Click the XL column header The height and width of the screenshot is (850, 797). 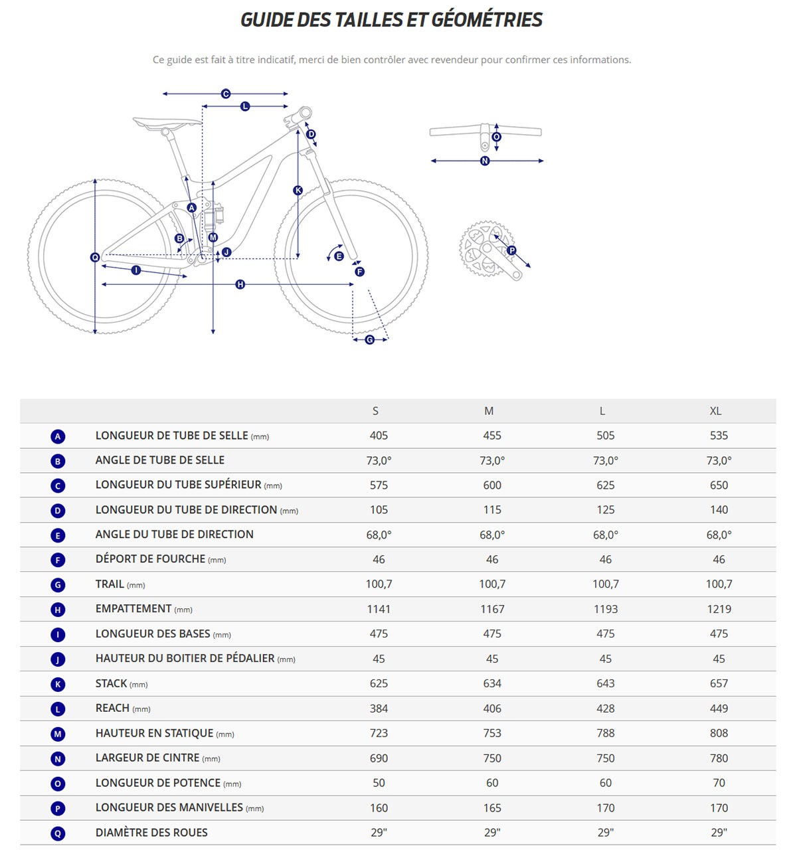pos(715,411)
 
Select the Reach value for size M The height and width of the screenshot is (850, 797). pos(492,709)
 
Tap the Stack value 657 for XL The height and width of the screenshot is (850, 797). pos(719,683)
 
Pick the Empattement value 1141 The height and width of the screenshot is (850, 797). pos(379,609)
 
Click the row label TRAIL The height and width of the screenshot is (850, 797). pos(110,584)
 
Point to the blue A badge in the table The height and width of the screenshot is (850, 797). pos(58,436)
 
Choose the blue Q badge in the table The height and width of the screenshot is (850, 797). pos(58,833)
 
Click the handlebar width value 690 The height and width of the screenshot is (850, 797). pos(379,758)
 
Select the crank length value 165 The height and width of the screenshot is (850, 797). pos(492,808)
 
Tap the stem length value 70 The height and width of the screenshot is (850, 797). pos(719,783)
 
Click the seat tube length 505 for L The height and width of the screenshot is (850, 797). pos(605,436)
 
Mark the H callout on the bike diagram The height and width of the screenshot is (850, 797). pos(240,284)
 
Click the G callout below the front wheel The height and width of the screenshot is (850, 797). pos(369,340)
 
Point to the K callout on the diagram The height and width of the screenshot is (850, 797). pos(298,191)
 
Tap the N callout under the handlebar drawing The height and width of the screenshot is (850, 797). pos(485,161)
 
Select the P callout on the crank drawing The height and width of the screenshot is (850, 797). pos(511,250)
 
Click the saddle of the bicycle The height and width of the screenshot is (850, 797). pos(166,123)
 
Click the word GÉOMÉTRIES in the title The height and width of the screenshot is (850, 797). pos(487,20)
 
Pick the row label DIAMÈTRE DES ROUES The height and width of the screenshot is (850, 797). pos(151,833)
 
